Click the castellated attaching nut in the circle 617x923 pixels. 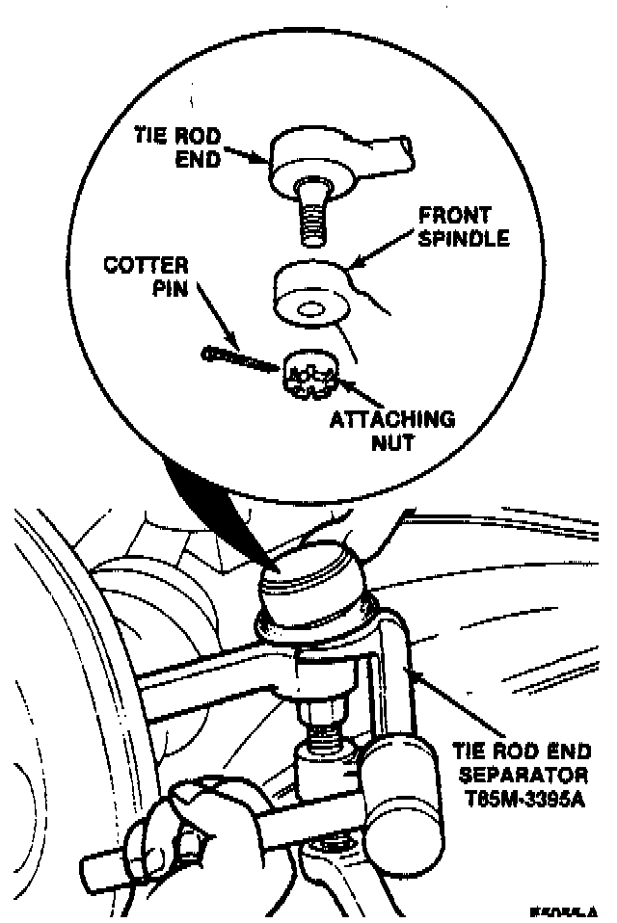[311, 375]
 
